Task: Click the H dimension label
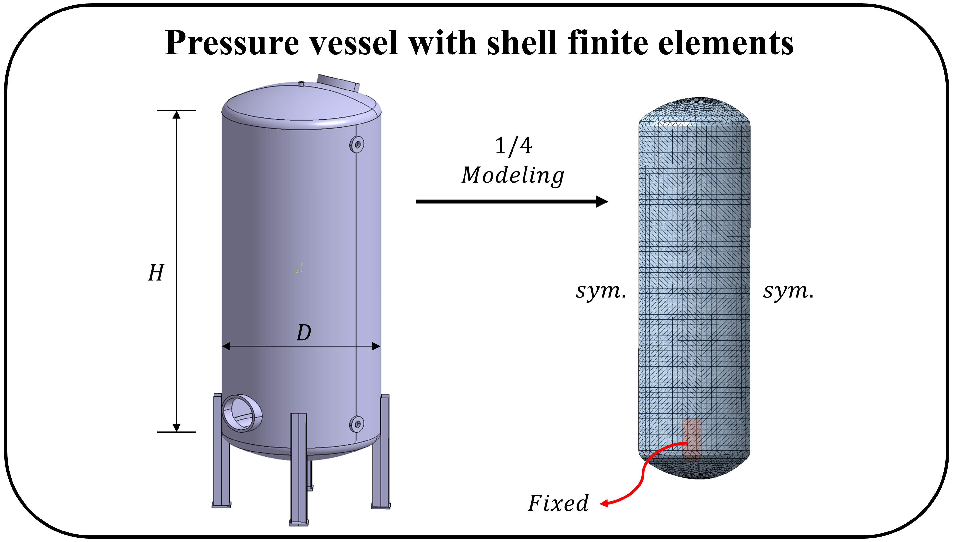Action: pyautogui.click(x=156, y=273)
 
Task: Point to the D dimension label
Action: pyautogui.click(x=304, y=332)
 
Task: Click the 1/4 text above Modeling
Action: pyautogui.click(x=513, y=146)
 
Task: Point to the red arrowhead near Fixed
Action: pyautogui.click(x=604, y=504)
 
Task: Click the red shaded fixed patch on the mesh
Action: pyautogui.click(x=692, y=439)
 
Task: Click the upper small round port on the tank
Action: pyautogui.click(x=357, y=144)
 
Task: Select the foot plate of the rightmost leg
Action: pyautogui.click(x=381, y=506)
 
